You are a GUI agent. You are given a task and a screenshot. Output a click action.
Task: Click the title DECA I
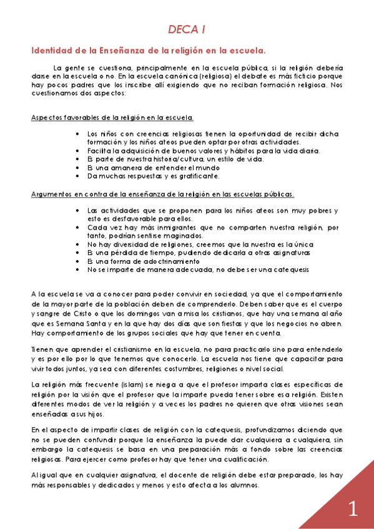[187, 29]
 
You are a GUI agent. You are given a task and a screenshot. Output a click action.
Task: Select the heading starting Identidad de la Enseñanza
[149, 50]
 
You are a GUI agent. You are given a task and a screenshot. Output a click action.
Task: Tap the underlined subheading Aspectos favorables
[112, 117]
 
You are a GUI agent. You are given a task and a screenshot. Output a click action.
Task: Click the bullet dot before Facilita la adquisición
[77, 150]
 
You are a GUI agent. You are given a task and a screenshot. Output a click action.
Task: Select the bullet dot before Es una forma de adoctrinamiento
[77, 262]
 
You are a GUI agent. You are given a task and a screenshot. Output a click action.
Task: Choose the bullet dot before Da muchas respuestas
[77, 177]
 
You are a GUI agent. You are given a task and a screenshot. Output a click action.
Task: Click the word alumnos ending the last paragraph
[239, 486]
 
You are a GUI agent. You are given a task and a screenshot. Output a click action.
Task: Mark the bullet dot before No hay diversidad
[77, 245]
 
